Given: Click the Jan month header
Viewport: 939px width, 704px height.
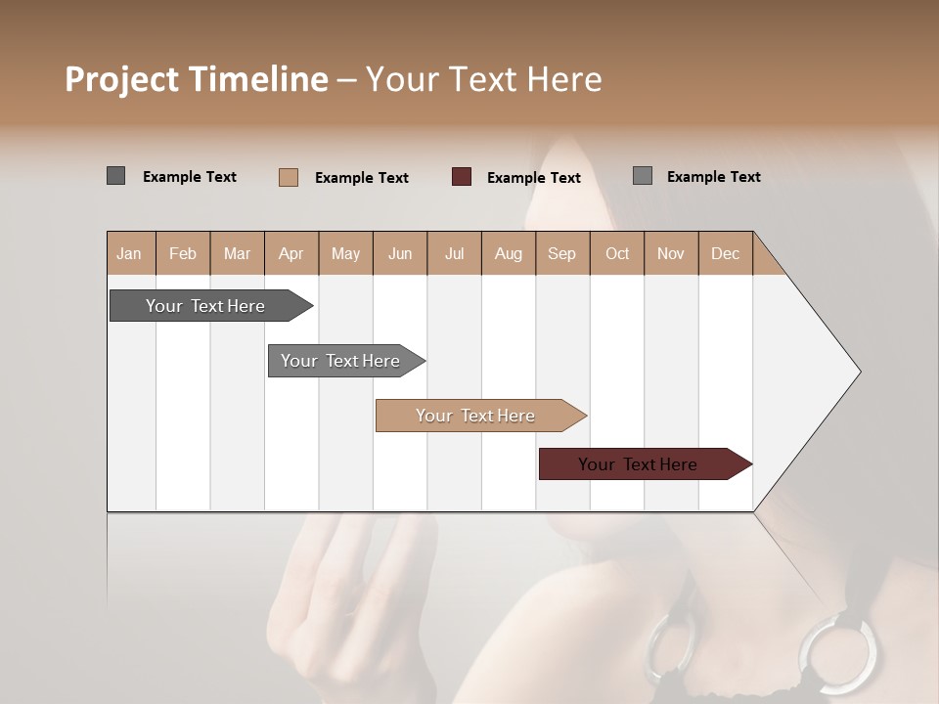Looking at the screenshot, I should pos(129,253).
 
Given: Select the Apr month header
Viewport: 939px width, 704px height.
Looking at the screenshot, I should pos(291,253).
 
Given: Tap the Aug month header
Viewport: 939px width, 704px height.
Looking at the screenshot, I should pos(508,253).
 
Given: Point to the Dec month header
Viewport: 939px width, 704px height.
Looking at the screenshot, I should pos(725,253).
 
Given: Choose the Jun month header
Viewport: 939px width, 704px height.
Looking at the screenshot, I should pos(399,253).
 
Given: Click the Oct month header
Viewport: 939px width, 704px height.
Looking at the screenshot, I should pos(616,253).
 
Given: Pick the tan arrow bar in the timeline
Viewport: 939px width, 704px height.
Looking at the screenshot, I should pos(476,416).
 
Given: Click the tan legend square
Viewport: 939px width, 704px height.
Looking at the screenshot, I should pos(289,177).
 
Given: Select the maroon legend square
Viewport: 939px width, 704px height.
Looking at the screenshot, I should pos(462,177).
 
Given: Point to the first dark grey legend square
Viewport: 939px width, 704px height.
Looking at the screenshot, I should pos(116,176).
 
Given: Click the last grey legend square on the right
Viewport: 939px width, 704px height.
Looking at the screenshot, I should pos(643,176).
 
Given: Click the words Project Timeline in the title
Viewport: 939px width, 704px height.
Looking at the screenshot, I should pos(196,79).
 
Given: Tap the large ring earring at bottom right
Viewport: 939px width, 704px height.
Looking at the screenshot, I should pos(839,655).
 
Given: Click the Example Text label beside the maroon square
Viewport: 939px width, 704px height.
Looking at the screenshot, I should pos(533,178).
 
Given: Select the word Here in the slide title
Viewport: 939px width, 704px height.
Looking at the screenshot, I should pos(564,79).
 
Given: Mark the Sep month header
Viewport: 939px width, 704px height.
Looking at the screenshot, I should pos(561,253).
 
